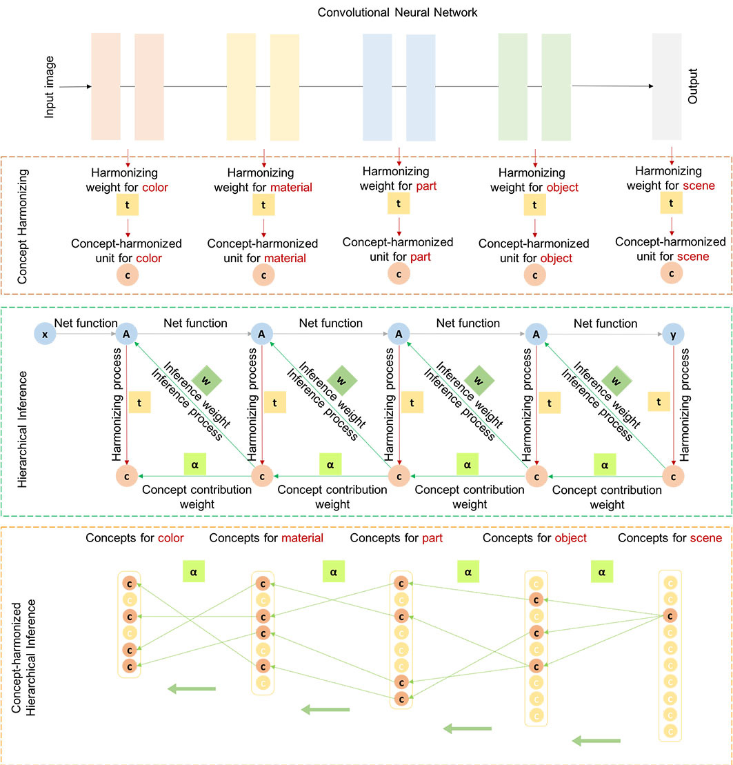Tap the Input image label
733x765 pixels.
50,88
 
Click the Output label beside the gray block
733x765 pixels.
693,86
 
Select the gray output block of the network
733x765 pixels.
666,87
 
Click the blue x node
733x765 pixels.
44,335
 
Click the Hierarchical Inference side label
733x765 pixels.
23,413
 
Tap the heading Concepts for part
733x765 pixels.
396,537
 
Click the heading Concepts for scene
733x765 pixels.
670,537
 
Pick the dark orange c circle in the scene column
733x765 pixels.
670,616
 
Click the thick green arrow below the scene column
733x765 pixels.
596,740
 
